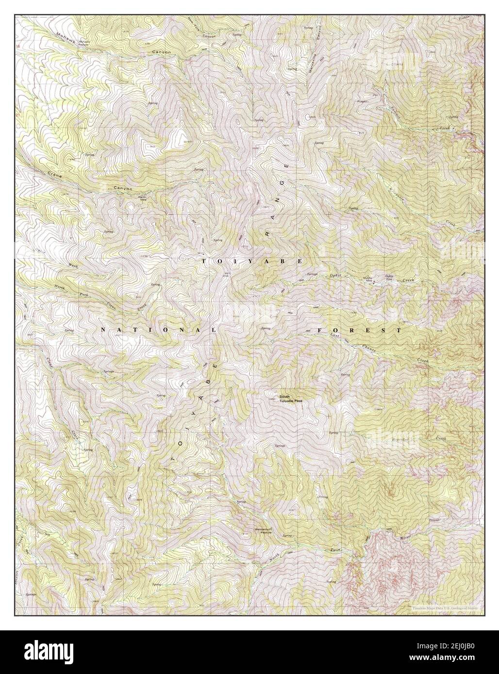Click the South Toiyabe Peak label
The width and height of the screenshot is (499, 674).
click(x=291, y=398)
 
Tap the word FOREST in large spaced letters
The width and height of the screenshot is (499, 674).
click(x=359, y=330)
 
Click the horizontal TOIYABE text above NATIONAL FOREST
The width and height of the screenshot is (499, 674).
click(x=252, y=261)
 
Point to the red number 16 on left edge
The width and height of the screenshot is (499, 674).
click(x=18, y=47)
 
